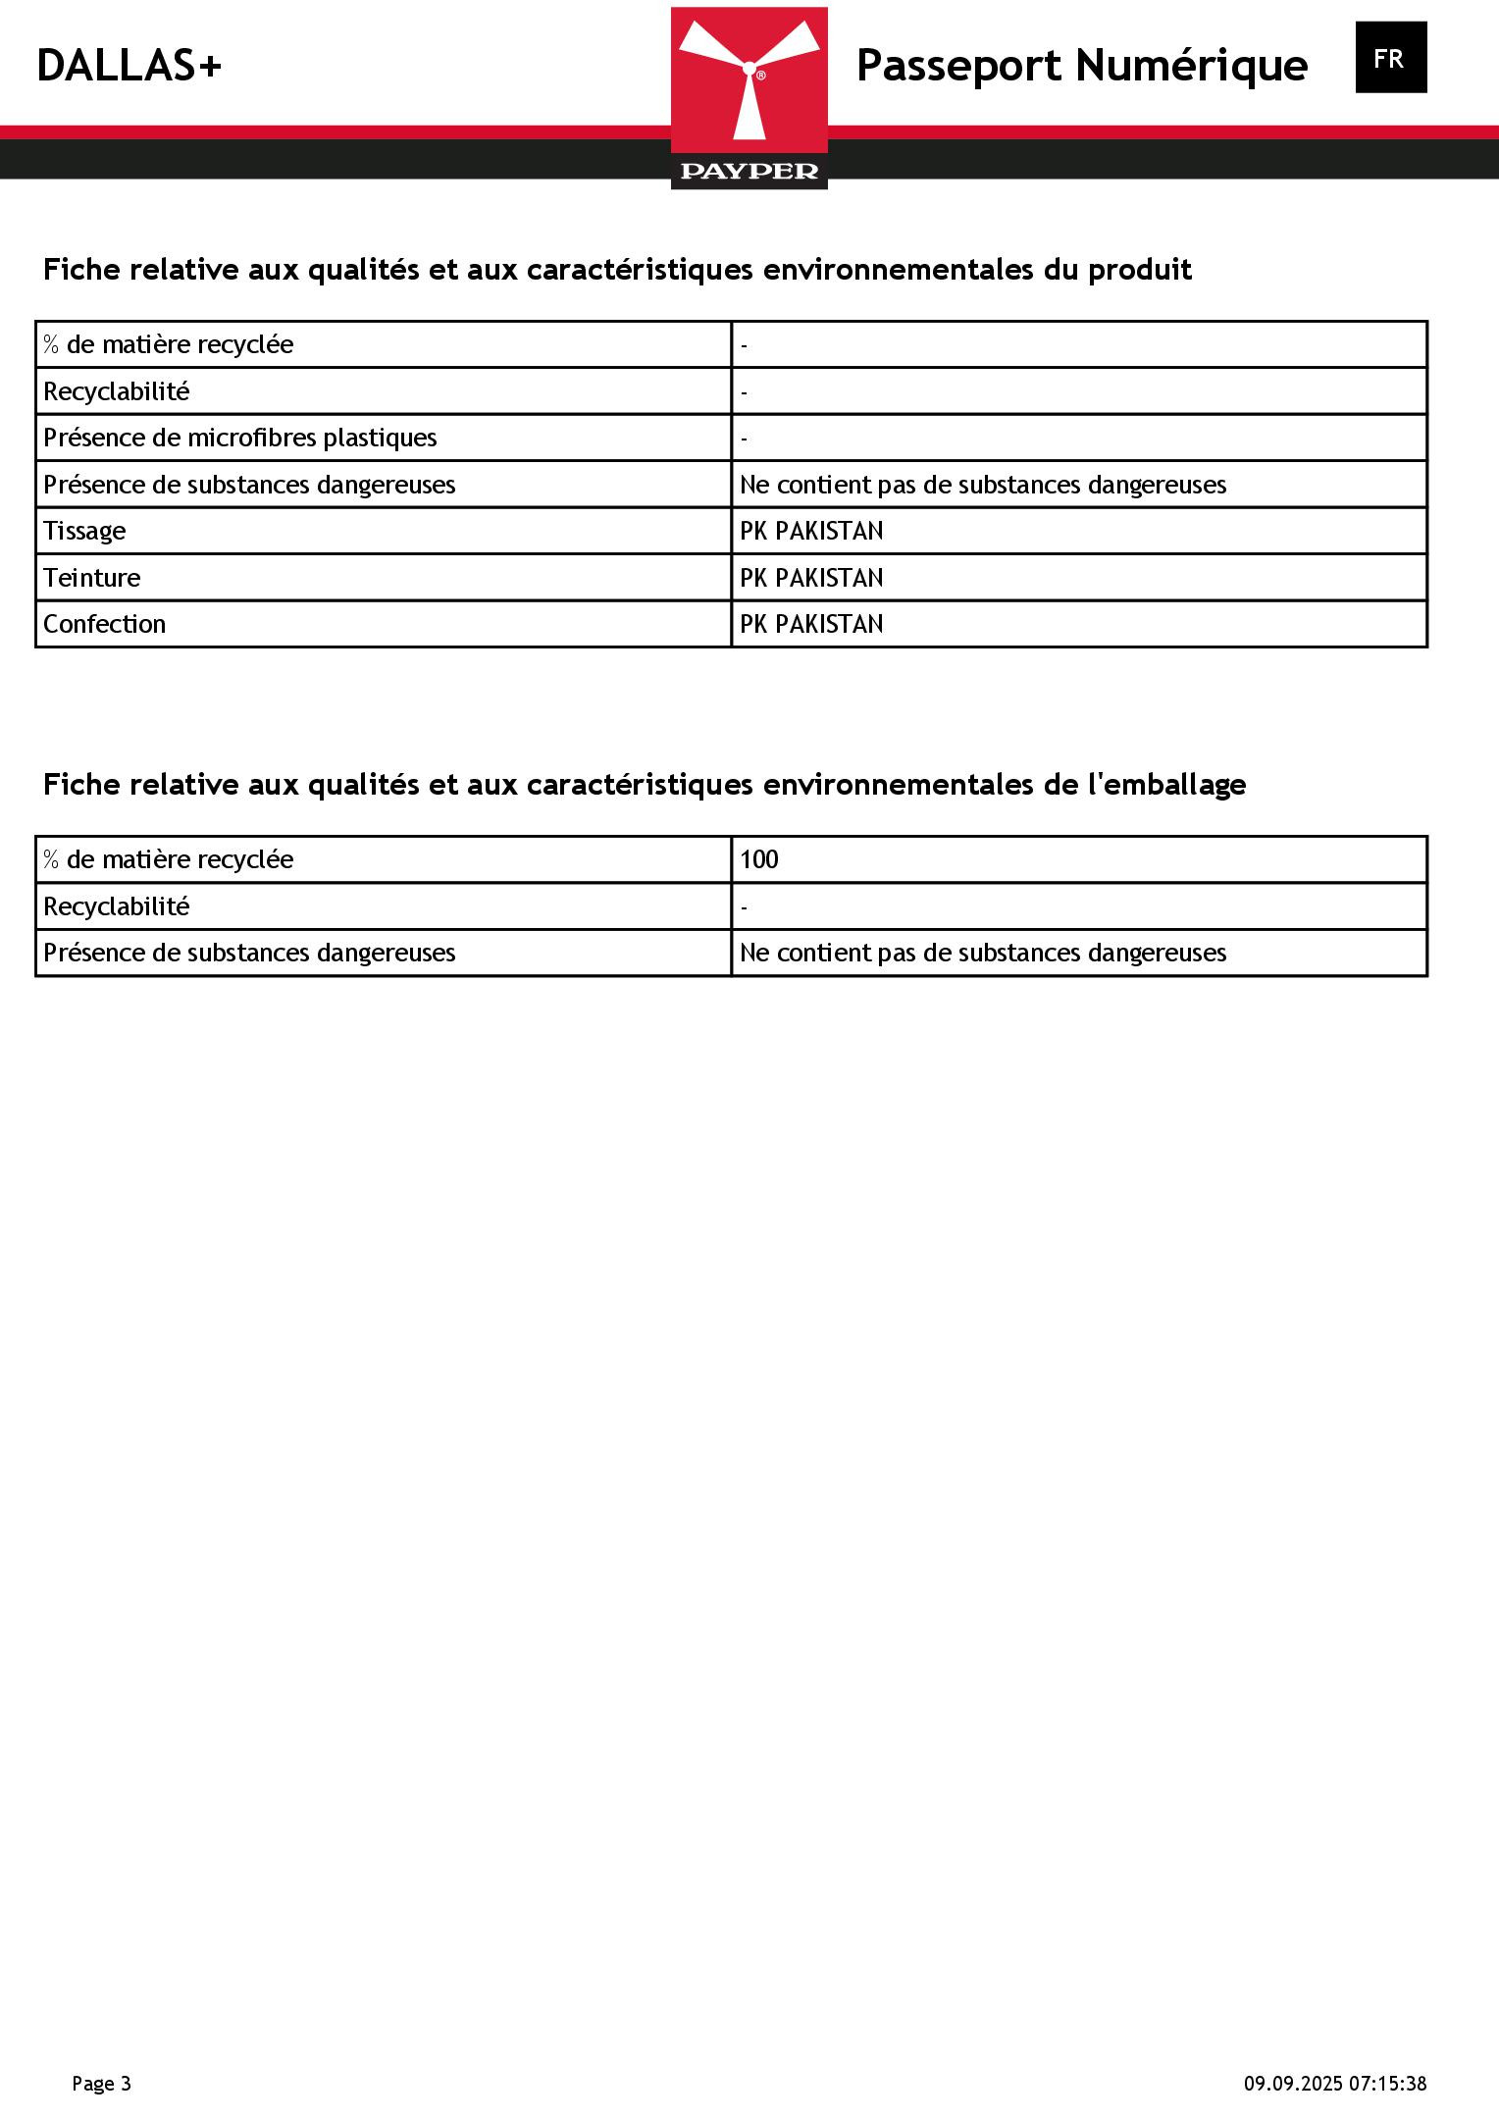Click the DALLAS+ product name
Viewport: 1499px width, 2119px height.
click(x=129, y=67)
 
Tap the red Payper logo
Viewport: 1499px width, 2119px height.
click(x=749, y=97)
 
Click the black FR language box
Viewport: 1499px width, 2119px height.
click(x=1390, y=59)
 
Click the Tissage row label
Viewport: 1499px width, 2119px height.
click(x=84, y=531)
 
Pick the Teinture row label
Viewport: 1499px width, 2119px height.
click(x=91, y=578)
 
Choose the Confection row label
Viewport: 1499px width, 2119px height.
click(x=104, y=624)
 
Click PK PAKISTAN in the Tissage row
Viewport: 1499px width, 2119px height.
click(x=811, y=531)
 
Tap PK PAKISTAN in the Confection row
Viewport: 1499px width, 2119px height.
click(x=811, y=624)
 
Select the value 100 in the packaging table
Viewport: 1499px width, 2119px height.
click(x=758, y=859)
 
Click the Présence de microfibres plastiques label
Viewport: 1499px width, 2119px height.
click(x=240, y=438)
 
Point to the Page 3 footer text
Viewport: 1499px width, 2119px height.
click(x=101, y=2083)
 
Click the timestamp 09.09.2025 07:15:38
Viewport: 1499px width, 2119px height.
click(x=1335, y=2083)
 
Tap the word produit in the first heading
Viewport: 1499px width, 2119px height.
click(x=1139, y=270)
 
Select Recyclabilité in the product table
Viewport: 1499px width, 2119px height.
click(x=116, y=391)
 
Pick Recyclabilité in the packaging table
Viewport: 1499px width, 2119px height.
click(x=116, y=906)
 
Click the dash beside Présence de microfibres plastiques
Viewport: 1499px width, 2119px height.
click(x=745, y=439)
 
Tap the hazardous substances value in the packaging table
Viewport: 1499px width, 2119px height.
click(x=982, y=953)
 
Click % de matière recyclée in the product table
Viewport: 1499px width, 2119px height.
click(x=168, y=344)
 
